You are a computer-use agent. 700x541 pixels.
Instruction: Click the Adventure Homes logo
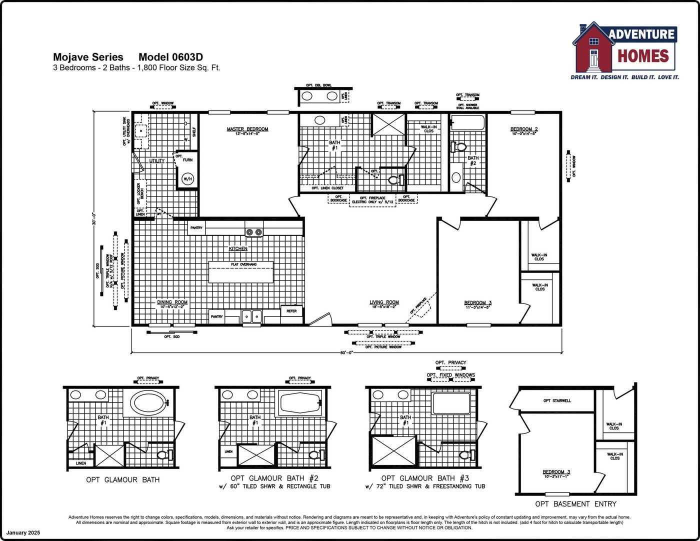point(625,50)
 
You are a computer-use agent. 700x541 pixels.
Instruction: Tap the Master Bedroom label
point(247,129)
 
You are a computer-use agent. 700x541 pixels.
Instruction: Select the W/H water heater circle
point(187,178)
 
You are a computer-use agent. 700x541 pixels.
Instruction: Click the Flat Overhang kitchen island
point(241,272)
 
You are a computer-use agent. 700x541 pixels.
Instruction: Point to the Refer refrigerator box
point(291,311)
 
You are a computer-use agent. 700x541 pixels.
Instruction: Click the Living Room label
point(384,302)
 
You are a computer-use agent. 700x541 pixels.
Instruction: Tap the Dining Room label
point(172,302)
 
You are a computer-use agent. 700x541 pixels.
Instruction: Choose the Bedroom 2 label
point(524,129)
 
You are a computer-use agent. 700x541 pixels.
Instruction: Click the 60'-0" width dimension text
point(346,352)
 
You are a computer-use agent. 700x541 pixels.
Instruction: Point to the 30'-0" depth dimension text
point(93,218)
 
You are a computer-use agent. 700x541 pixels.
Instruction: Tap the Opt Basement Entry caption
point(575,504)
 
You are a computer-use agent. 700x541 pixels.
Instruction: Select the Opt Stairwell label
point(557,400)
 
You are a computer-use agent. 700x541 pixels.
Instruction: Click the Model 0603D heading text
point(170,57)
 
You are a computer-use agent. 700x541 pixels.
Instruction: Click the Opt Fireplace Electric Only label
point(372,199)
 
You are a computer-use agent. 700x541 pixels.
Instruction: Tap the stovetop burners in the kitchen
point(253,232)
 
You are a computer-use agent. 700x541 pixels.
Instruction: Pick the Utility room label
point(157,161)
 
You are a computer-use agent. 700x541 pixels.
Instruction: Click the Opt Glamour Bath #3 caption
point(425,478)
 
